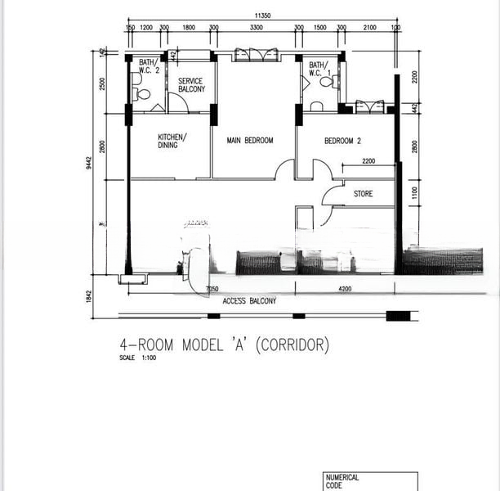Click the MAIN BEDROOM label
point(249,141)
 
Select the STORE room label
point(363,194)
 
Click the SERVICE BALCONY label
point(191,84)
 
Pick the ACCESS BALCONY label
point(249,301)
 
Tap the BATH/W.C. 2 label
point(148,65)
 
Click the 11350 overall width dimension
point(261,15)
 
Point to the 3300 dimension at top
point(256,28)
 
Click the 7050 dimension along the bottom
point(212,289)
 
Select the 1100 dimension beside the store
point(414,193)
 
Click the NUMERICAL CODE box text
point(342,481)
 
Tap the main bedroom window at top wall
point(255,55)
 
